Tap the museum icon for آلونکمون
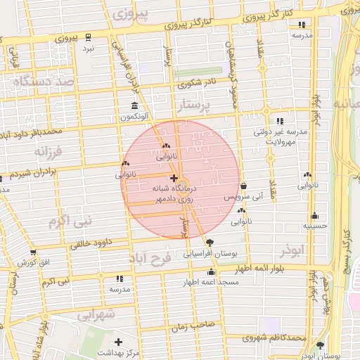point(134,105)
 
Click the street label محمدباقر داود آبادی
point(32,131)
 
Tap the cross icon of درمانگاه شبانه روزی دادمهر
point(174,178)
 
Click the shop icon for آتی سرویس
point(243,186)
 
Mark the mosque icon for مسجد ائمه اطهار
point(211,271)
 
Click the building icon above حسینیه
point(314,216)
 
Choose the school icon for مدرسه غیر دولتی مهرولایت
point(282,121)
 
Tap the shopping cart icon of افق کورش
point(33,252)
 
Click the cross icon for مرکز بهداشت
point(118,341)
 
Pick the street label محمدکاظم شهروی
point(274,338)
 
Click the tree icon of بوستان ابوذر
point(321,345)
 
